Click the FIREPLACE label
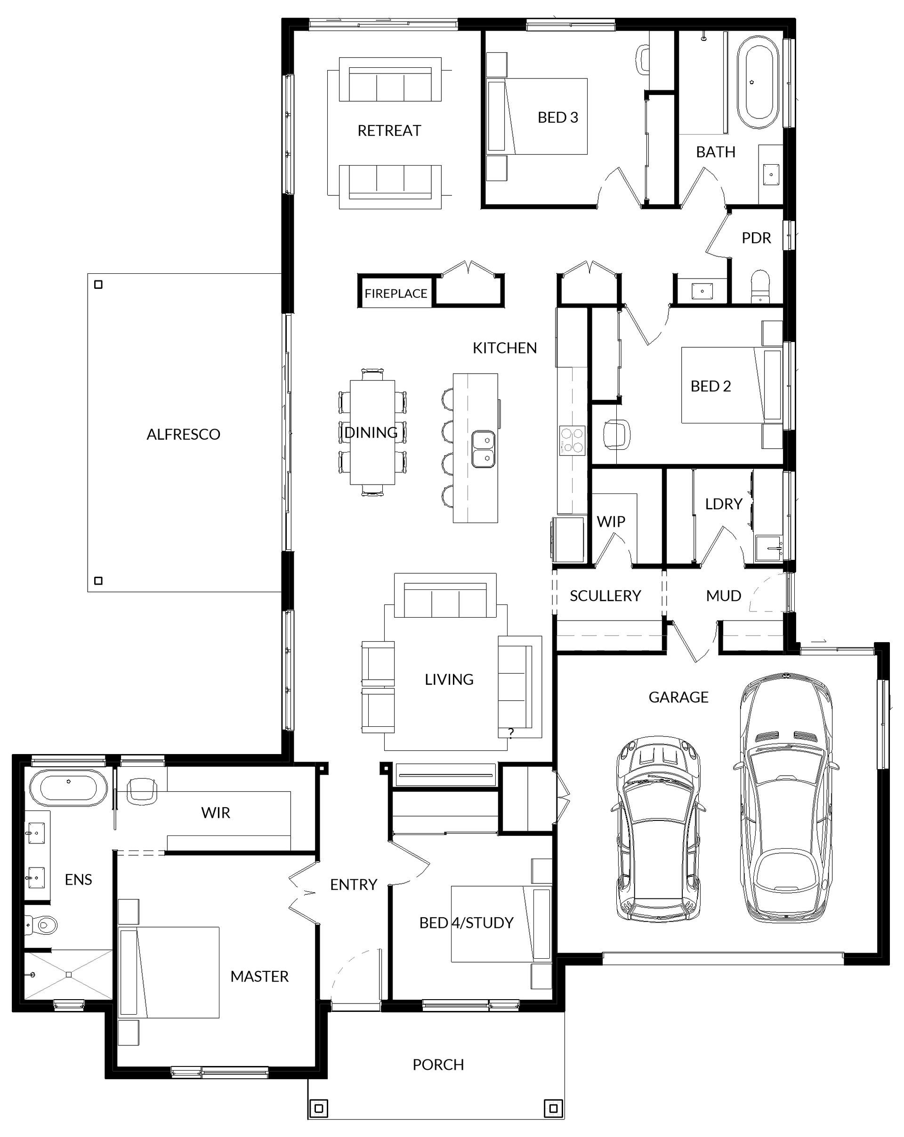coord(396,293)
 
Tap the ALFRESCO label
coord(183,434)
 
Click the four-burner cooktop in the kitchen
coord(572,440)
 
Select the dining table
coord(372,432)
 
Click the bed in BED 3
coord(537,117)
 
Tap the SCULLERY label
coord(605,596)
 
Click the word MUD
coord(724,596)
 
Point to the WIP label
coord(611,522)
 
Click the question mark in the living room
coord(511,732)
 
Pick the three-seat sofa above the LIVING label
coord(445,596)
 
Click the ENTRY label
coord(354,884)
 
